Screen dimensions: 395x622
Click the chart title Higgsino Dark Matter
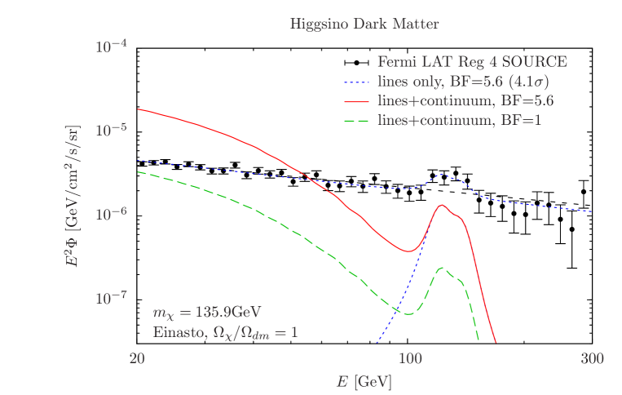tap(364, 24)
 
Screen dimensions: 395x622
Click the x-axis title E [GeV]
tap(364, 381)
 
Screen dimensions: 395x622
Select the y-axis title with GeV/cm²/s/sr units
tap(82, 197)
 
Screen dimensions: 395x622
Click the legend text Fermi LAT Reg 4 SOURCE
tap(472, 62)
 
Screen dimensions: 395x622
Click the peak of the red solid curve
tap(442, 205)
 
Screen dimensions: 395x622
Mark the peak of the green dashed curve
tap(442, 268)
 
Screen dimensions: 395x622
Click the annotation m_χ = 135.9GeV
tap(207, 313)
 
